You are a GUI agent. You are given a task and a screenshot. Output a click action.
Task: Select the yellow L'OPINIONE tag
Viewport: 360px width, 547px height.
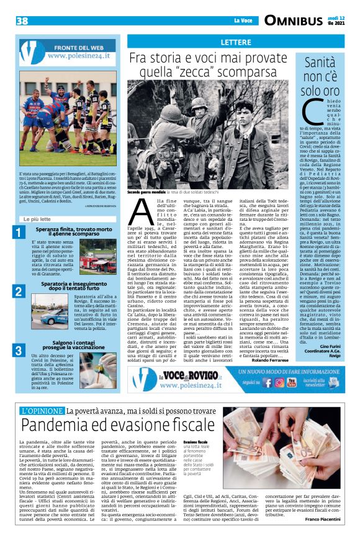(x=42, y=411)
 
